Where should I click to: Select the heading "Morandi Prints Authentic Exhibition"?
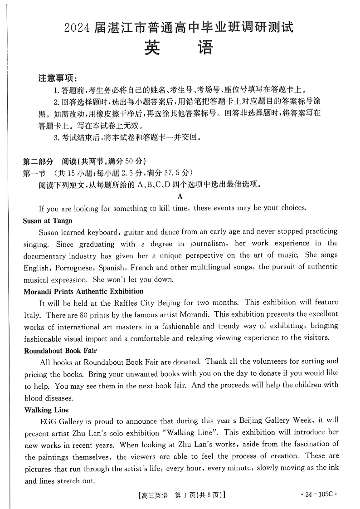[83, 291]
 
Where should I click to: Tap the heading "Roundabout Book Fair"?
[60, 351]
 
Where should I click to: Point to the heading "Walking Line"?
[44, 410]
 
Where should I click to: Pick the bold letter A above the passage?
[180, 196]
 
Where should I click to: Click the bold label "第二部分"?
[38, 161]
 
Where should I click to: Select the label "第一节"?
[34, 172]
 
